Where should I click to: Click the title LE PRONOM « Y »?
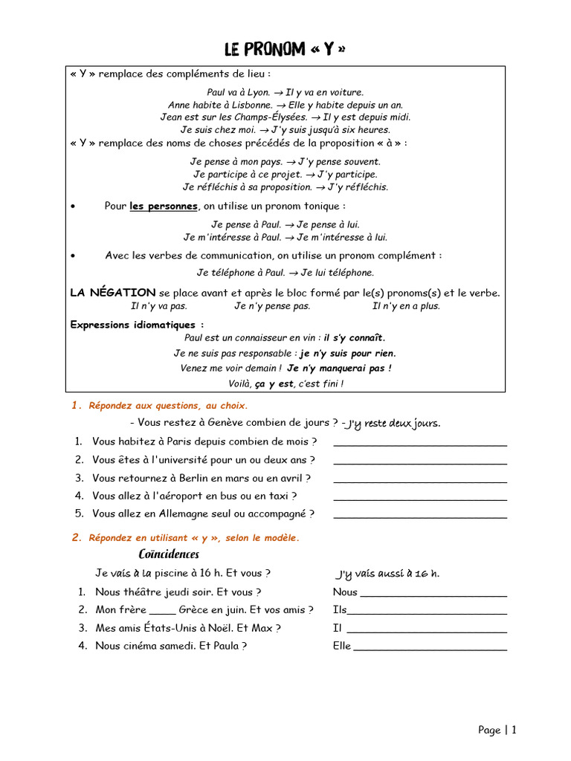pos(285,49)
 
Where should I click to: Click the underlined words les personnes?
pos(164,206)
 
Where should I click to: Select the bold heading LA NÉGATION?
pos(113,293)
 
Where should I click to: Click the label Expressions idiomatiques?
pos(137,325)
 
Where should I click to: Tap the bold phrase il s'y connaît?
pos(355,337)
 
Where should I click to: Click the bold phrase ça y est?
pos(274,383)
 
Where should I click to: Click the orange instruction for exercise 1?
pos(167,406)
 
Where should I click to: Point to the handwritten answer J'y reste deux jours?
pos(391,424)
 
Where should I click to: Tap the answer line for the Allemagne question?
pos(420,515)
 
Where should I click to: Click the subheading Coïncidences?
pos(169,554)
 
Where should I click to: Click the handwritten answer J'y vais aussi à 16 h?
pos(387,574)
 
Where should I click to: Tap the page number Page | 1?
pos(497,730)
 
